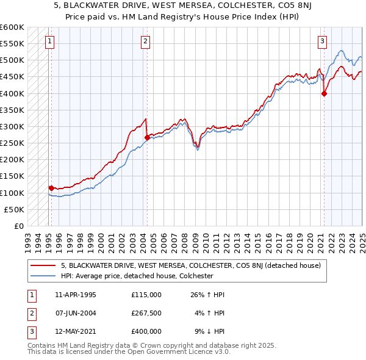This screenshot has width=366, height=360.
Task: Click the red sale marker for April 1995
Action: pyautogui.click(x=51, y=188)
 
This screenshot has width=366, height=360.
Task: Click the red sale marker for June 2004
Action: pyautogui.click(x=147, y=137)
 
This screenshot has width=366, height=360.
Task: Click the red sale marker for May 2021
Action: pyautogui.click(x=324, y=93)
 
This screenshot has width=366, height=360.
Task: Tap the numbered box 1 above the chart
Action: pyautogui.click(x=49, y=41)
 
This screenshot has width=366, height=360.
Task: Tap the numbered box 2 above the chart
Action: pyautogui.click(x=145, y=41)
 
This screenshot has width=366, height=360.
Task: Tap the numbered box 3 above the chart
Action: pyautogui.click(x=321, y=41)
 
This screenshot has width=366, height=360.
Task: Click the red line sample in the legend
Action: pyautogui.click(x=43, y=265)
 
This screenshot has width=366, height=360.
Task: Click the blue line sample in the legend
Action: pyautogui.click(x=43, y=276)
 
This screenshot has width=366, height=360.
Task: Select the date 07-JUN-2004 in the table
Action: pyautogui.click(x=75, y=313)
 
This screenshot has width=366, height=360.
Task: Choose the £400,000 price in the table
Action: pyautogui.click(x=146, y=331)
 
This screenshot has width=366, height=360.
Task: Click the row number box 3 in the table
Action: pyautogui.click(x=30, y=331)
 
